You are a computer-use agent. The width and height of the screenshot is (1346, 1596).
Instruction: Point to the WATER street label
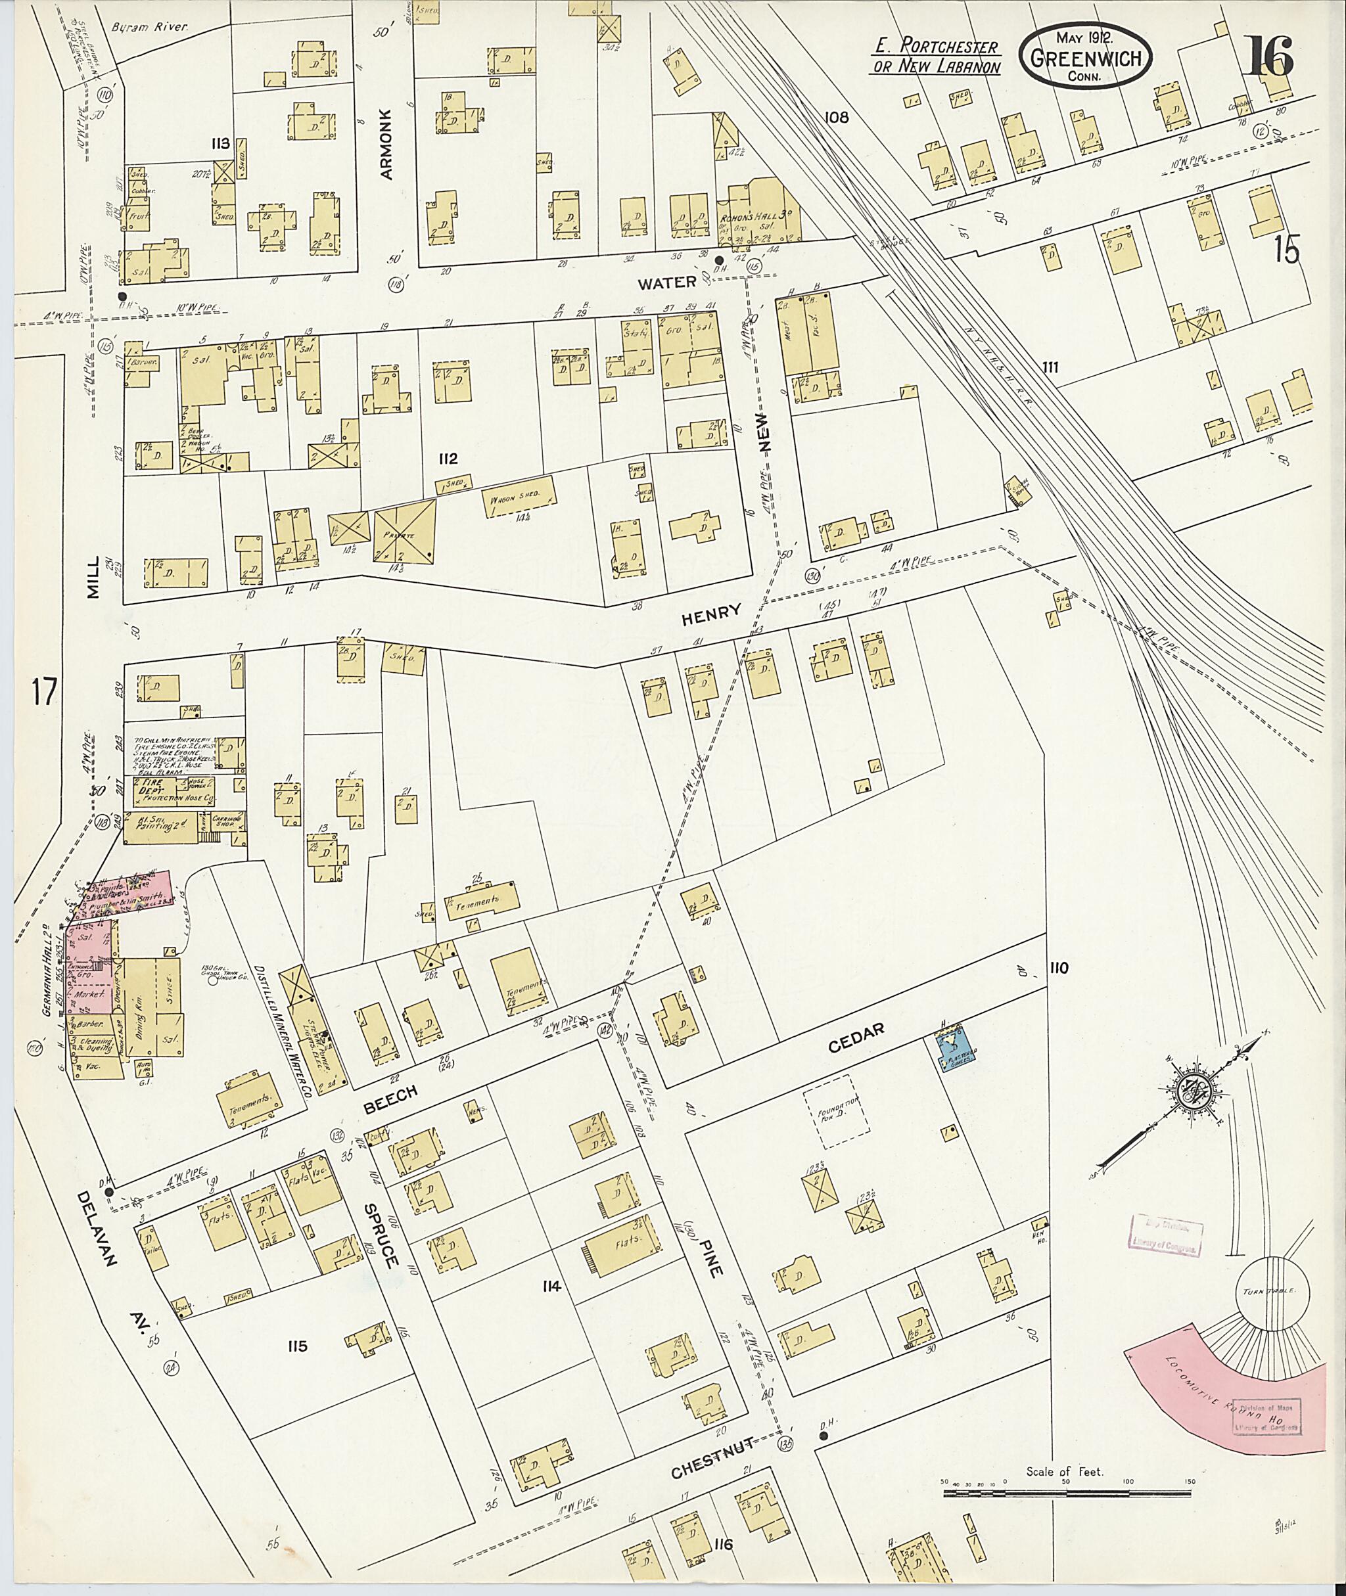click(667, 283)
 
